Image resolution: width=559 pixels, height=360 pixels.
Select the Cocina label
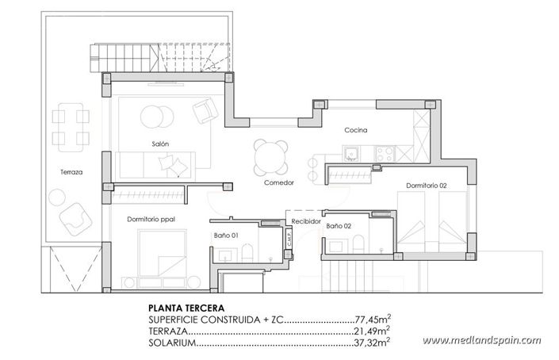(354, 130)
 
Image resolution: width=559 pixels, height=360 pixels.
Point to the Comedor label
(279, 183)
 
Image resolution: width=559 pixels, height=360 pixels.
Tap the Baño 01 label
(226, 236)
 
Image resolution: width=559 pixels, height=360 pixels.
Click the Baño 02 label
(339, 226)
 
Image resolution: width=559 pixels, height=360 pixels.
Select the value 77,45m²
(371, 319)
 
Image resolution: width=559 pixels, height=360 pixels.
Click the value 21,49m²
(371, 331)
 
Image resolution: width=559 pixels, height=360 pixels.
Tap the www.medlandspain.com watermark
(492, 341)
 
